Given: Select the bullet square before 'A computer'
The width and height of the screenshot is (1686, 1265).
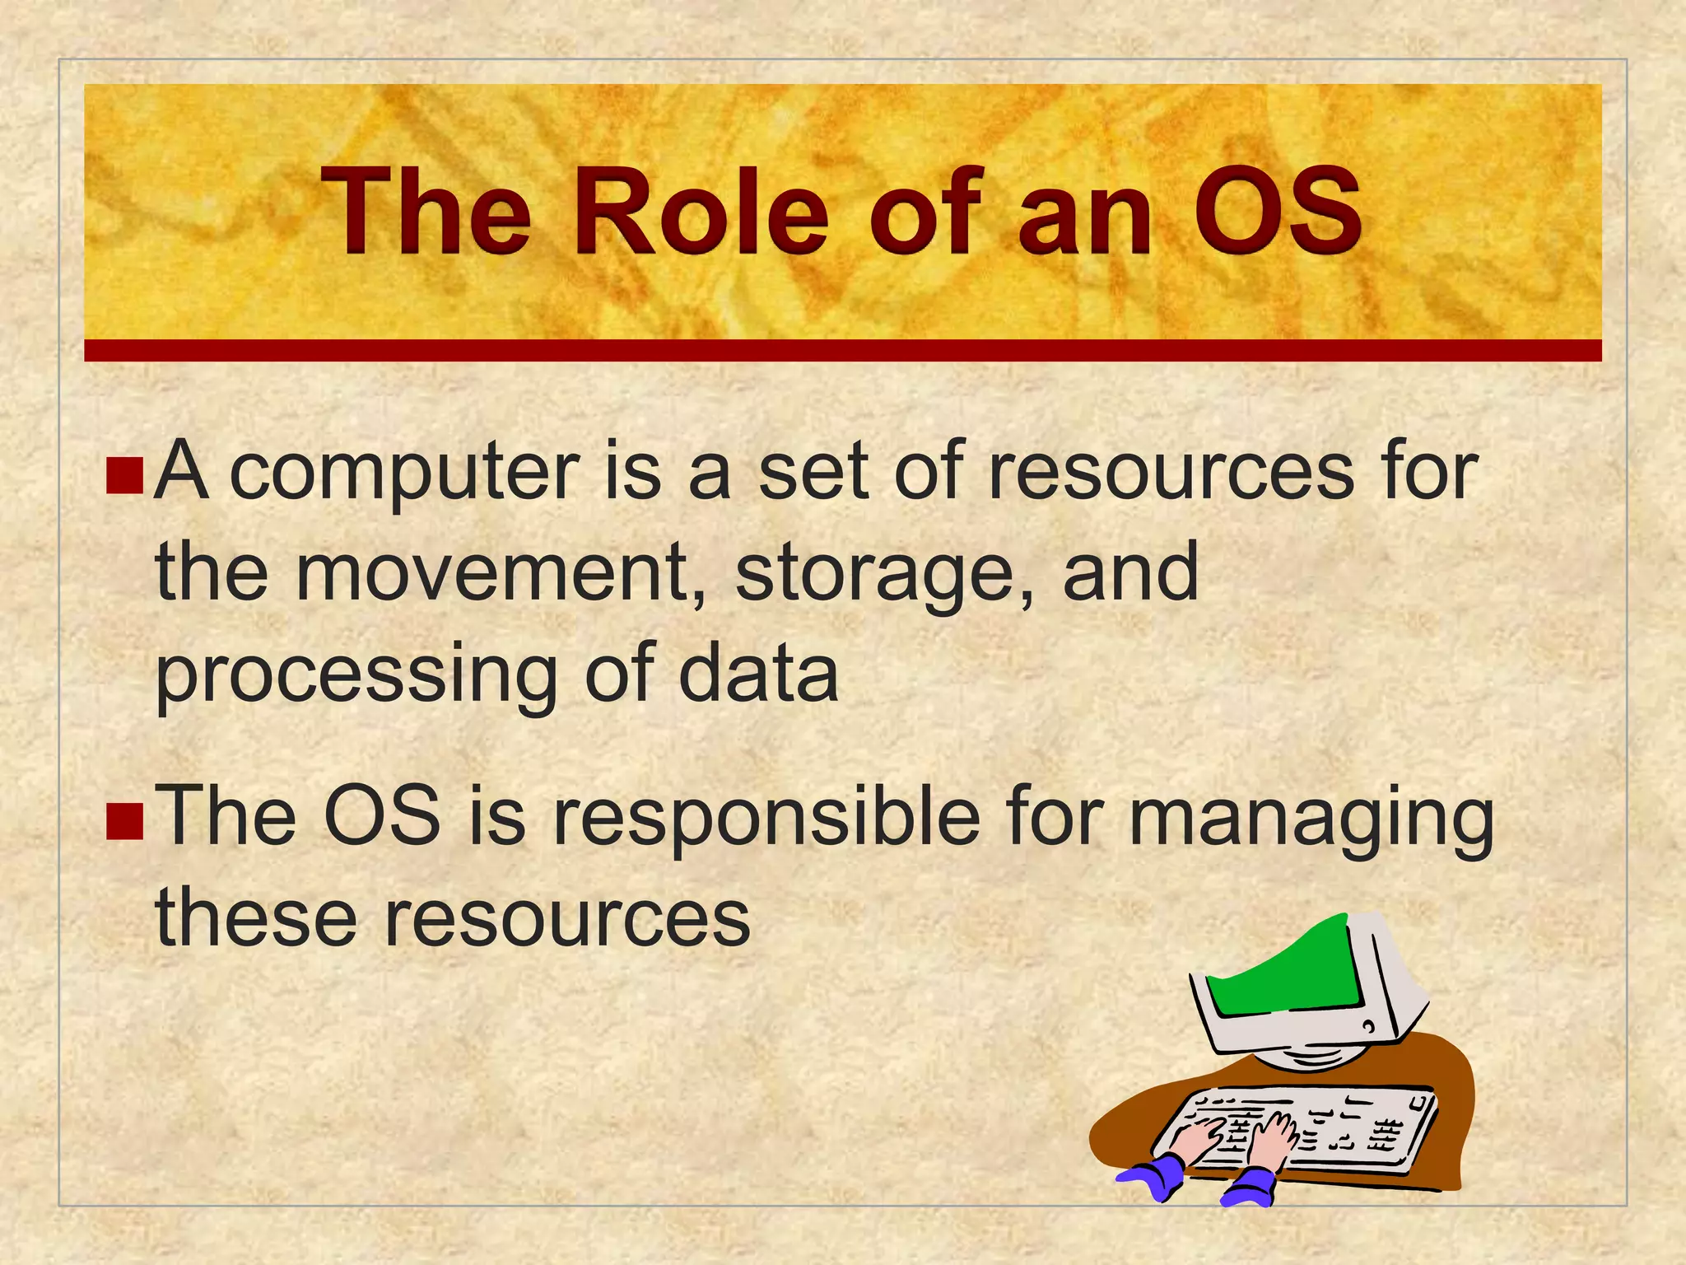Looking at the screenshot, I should tap(125, 477).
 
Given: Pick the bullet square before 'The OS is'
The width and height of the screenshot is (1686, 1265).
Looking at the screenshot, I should tap(125, 821).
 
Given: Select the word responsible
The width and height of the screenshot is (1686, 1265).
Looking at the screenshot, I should tap(766, 819).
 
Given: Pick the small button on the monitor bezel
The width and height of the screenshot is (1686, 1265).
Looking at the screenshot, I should tap(1367, 1027).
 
